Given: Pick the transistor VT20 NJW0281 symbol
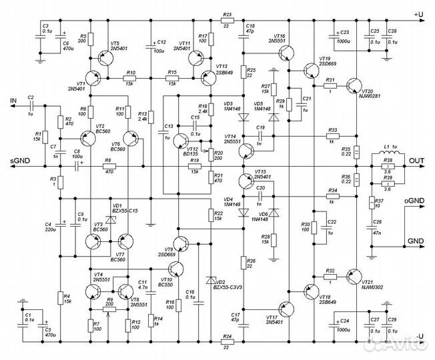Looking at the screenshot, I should [353, 85].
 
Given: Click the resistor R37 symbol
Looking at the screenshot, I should [370, 203].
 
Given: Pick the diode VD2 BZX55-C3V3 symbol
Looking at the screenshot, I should [211, 279].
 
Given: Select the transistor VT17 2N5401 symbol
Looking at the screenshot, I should [287, 309].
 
